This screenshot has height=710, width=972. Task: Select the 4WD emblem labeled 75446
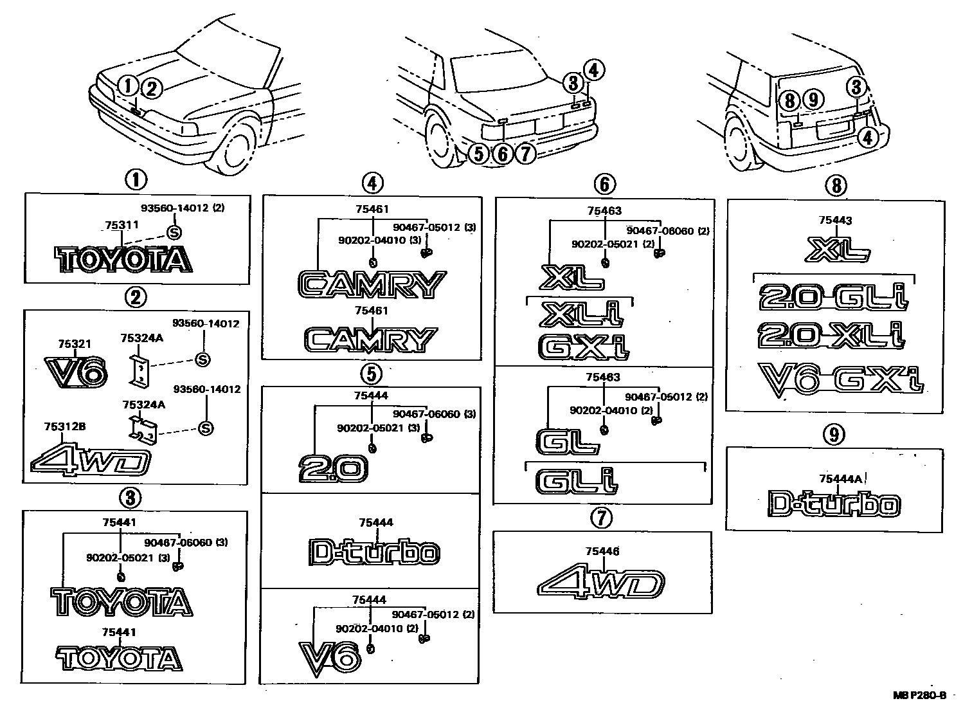[600, 584]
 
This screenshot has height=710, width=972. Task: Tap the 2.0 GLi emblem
[834, 297]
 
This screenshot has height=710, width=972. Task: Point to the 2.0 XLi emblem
[831, 335]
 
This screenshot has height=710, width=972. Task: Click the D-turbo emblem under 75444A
[834, 504]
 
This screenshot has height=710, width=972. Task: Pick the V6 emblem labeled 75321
[76, 370]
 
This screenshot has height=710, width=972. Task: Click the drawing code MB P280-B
[919, 695]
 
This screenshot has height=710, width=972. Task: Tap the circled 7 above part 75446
[602, 518]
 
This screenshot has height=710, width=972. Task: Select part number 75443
[835, 221]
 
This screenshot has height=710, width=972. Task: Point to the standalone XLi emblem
[582, 314]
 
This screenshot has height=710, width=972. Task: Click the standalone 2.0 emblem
[333, 468]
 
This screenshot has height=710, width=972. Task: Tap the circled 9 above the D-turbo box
[834, 435]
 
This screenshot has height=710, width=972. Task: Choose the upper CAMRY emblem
[372, 285]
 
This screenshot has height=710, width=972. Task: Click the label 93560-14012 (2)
[183, 208]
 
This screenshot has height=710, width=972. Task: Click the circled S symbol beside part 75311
[174, 232]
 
